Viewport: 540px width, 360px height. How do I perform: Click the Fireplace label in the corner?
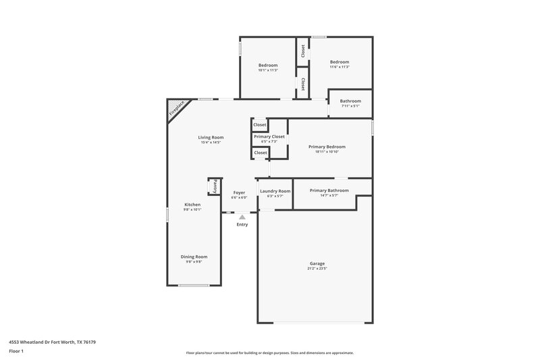point(177,109)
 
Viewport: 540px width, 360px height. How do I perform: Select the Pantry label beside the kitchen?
point(215,186)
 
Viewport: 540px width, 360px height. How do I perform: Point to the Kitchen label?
point(192,205)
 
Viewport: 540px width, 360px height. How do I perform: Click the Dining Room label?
point(194,257)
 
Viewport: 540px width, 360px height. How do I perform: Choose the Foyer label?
point(239,192)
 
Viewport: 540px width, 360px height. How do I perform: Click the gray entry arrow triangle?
point(242,217)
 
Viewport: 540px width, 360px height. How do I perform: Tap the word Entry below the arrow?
point(242,224)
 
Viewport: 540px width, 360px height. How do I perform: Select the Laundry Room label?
point(275,191)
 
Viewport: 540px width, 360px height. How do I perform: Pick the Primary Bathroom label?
point(329,190)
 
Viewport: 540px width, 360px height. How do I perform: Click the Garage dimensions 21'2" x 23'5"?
point(317,269)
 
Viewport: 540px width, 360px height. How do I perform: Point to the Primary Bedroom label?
point(327,147)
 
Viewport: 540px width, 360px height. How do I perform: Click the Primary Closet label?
point(269,136)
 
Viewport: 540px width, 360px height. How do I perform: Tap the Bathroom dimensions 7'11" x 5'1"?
point(350,106)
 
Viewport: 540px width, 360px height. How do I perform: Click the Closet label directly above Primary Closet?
point(260,125)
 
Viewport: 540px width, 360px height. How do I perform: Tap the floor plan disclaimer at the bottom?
point(269,353)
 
